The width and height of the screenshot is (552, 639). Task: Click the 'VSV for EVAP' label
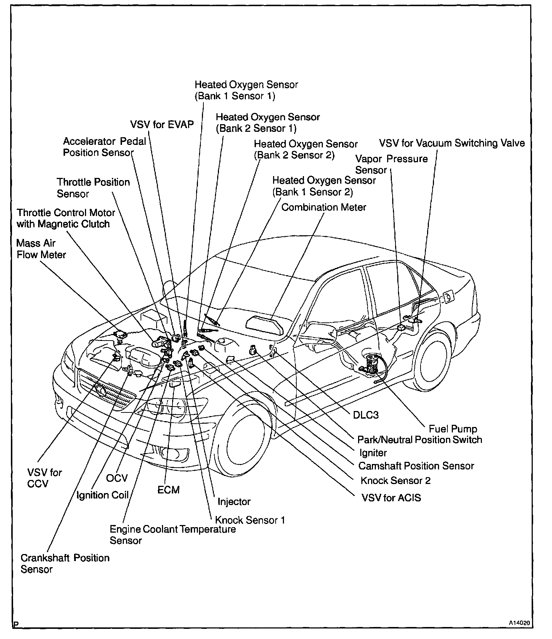[162, 125]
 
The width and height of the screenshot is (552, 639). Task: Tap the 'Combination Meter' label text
[324, 207]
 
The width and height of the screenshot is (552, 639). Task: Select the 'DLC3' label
[366, 415]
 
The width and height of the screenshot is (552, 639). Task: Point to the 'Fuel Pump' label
[452, 429]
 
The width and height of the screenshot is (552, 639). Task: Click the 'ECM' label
[169, 490]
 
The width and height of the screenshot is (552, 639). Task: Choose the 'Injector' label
[234, 502]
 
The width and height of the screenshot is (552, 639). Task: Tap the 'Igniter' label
[373, 453]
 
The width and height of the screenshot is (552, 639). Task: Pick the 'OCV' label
[117, 478]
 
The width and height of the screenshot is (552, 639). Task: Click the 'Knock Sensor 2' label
[395, 481]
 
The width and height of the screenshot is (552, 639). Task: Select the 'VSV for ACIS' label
[391, 497]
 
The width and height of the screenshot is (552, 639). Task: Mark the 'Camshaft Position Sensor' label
[416, 466]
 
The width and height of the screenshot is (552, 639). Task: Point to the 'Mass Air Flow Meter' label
[41, 249]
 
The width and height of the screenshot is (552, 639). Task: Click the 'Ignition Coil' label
[103, 495]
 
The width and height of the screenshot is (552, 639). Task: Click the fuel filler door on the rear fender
[448, 297]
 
